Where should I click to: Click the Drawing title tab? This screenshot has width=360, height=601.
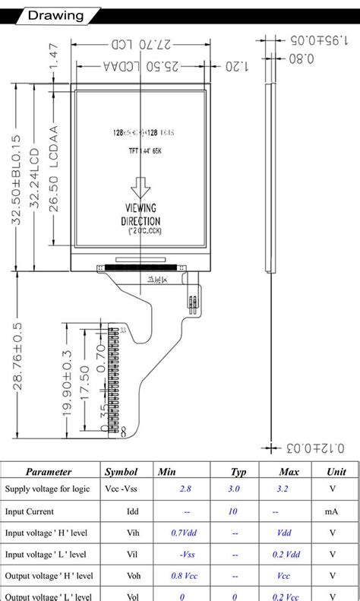click(55, 16)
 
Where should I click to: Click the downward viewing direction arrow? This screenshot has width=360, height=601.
click(141, 187)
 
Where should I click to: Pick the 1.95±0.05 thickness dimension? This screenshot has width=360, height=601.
click(310, 40)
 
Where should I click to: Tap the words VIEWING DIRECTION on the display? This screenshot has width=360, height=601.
click(141, 214)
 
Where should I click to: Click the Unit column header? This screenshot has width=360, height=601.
click(336, 472)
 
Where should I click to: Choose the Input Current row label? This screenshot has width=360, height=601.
click(30, 511)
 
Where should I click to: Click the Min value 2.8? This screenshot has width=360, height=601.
click(185, 489)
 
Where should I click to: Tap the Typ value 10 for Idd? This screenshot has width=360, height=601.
click(232, 511)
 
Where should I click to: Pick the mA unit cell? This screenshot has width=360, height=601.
click(333, 511)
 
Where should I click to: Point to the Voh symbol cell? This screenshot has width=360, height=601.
click(133, 576)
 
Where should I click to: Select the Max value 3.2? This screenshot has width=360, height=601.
click(283, 489)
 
